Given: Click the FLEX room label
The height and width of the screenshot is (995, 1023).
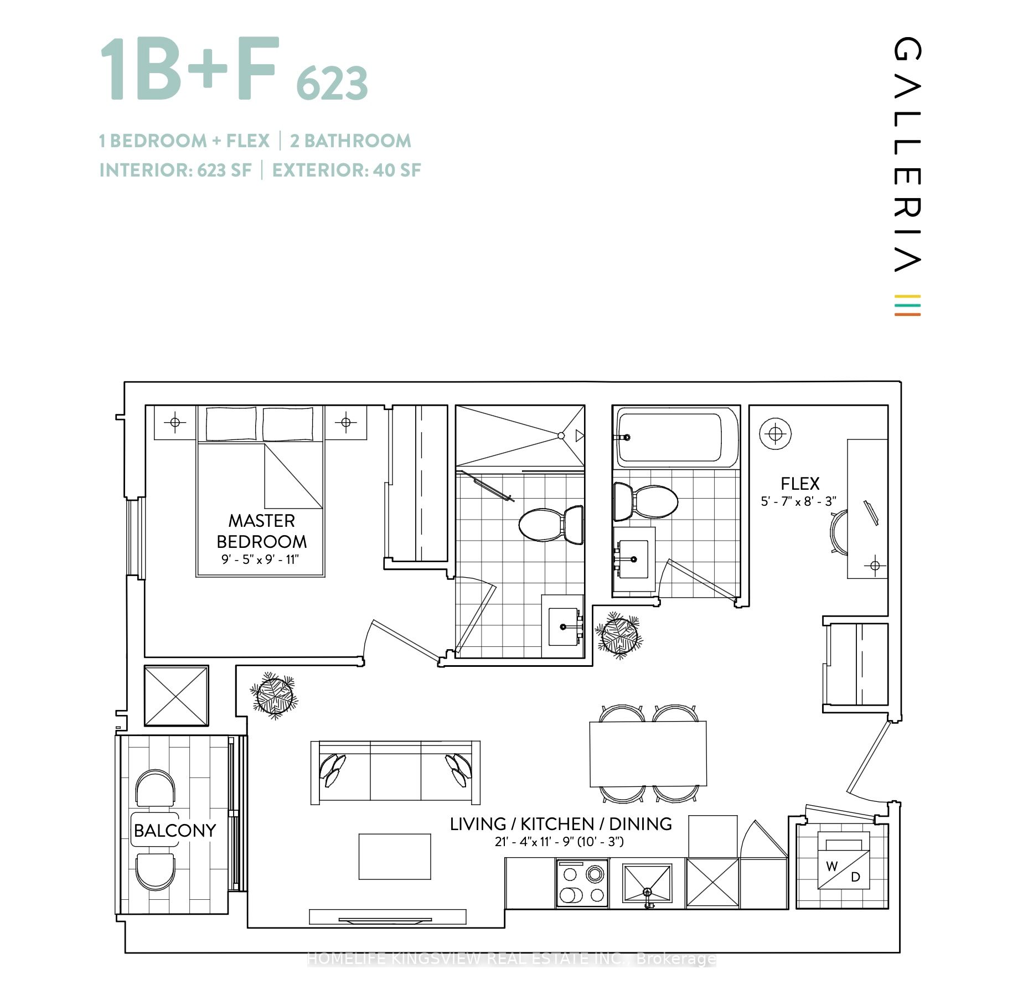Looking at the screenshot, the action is tap(799, 484).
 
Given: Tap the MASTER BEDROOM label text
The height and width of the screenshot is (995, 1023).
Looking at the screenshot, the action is tap(261, 531).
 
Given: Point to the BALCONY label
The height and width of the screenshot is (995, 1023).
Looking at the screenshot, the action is tap(175, 830).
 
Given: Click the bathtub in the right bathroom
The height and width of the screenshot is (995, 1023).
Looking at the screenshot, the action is tap(675, 437).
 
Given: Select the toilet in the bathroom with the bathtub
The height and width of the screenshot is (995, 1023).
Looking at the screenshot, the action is tap(645, 501).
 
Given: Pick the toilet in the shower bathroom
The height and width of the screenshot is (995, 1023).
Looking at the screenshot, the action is tap(551, 525).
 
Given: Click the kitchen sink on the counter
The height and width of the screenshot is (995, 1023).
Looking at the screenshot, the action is tap(647, 884).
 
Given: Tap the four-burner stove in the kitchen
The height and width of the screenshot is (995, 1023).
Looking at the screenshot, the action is tap(582, 884).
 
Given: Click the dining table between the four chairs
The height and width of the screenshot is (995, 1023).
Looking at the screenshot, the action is tap(648, 753).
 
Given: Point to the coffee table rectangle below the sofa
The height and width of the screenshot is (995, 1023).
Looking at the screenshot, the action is tap(395, 857).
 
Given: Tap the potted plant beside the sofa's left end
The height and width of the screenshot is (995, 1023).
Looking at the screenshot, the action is tap(273, 696).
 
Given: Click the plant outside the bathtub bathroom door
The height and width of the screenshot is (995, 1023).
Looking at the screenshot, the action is tap(618, 635).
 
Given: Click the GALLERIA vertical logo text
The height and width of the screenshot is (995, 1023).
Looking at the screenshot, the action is tap(907, 155).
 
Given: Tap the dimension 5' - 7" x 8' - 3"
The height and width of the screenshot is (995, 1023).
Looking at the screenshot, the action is tap(798, 501).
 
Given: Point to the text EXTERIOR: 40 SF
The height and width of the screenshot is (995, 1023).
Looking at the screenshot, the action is tap(347, 170).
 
